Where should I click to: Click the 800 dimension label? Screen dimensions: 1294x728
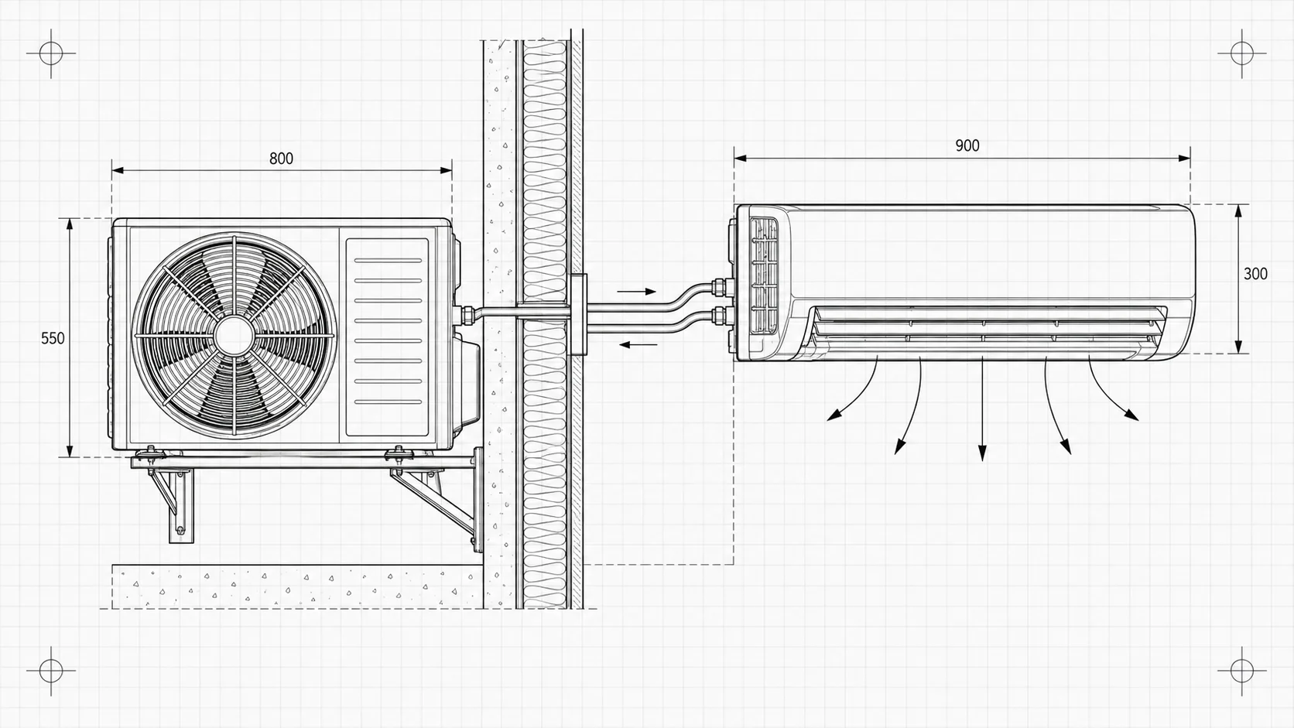pyautogui.click(x=282, y=158)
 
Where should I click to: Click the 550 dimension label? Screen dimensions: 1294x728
pyautogui.click(x=53, y=338)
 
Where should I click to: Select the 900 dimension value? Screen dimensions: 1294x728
pyautogui.click(x=967, y=145)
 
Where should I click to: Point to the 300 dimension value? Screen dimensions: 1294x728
pyautogui.click(x=1255, y=274)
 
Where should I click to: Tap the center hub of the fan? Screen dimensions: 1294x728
pyautogui.click(x=234, y=335)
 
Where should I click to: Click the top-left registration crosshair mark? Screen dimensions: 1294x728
pyautogui.click(x=51, y=53)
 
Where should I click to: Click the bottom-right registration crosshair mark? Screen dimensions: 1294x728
pyautogui.click(x=1242, y=671)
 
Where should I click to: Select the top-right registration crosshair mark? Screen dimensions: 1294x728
pyautogui.click(x=1242, y=53)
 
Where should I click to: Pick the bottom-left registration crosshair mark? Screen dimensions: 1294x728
pyautogui.click(x=51, y=671)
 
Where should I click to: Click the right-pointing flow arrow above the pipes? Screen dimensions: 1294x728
pyautogui.click(x=637, y=292)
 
